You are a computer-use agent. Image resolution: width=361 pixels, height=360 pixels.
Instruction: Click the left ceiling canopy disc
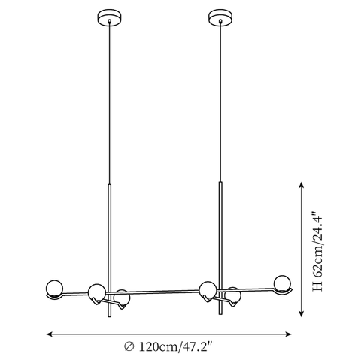(109, 17)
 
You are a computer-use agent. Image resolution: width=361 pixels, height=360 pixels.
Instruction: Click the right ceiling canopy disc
(220, 17)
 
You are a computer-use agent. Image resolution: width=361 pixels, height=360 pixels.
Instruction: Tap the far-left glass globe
(54, 289)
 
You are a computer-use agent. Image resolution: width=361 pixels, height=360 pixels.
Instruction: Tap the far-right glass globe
(282, 283)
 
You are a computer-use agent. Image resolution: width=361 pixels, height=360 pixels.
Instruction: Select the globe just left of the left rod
(97, 292)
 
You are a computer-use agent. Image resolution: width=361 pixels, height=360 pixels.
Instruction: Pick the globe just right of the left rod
(122, 298)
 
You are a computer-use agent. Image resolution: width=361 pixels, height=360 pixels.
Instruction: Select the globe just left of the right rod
(208, 290)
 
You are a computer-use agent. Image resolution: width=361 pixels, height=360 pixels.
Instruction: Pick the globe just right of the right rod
(233, 295)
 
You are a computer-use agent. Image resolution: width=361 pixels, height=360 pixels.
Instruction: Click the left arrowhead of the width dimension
(50, 334)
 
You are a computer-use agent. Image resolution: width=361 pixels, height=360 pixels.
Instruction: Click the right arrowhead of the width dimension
(289, 334)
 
